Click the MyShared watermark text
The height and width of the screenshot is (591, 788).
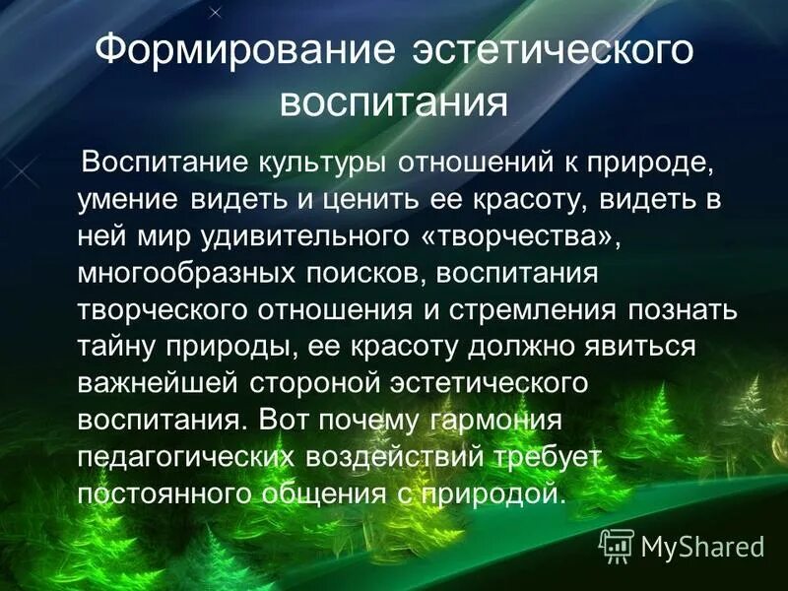[x=702, y=545]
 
